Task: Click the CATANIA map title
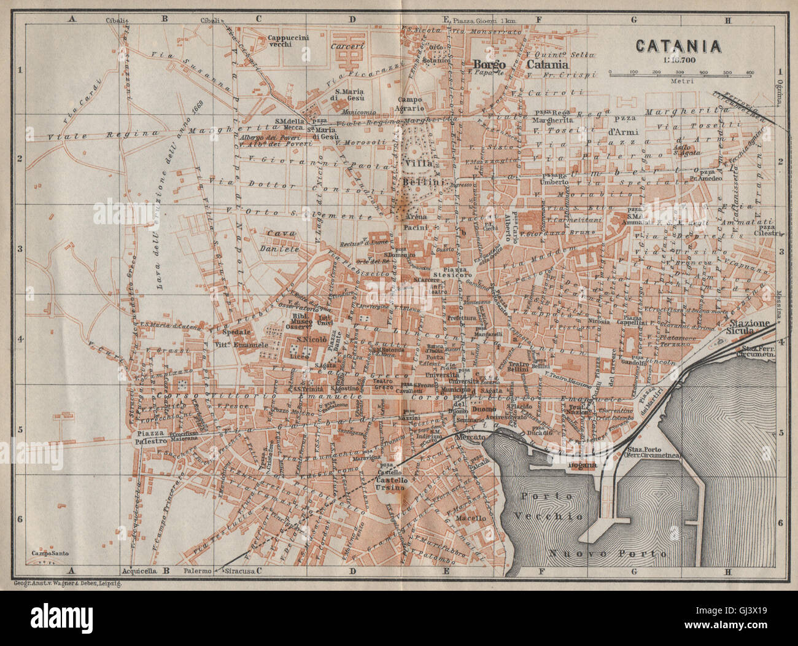coord(678,46)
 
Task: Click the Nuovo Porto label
coord(607,553)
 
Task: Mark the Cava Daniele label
coord(282,242)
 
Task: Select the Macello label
coord(471,518)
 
